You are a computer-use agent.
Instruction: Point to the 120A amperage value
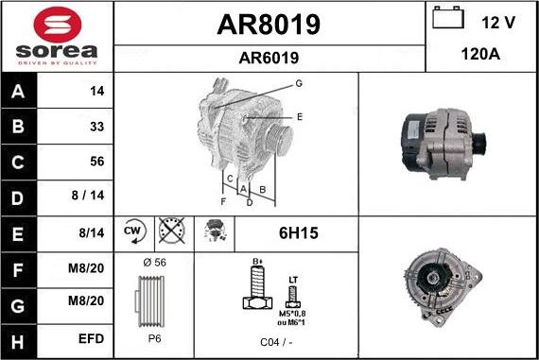pos(479,56)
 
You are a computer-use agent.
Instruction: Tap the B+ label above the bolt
pos(255,261)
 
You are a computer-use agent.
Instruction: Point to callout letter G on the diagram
pos(298,84)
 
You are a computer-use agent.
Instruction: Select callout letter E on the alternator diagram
pos(299,117)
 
